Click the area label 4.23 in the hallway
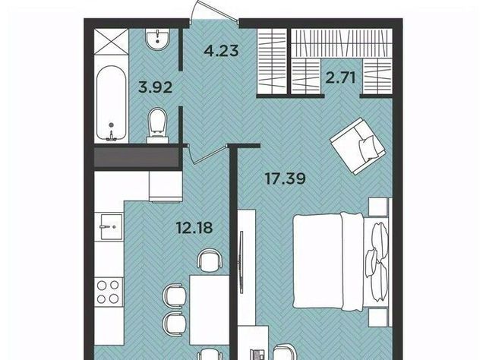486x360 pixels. tap(221, 51)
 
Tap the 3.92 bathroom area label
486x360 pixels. tap(155, 87)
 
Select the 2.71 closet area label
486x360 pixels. tap(340, 77)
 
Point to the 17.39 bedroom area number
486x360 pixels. tap(286, 178)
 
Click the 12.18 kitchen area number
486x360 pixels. tap(194, 228)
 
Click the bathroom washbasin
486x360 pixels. tap(157, 39)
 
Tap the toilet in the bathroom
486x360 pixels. tap(158, 125)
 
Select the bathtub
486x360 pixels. tap(111, 103)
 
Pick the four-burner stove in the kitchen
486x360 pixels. tap(108, 292)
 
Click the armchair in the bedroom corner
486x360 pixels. tap(358, 146)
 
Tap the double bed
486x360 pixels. tap(340, 261)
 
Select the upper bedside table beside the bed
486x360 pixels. tap(378, 207)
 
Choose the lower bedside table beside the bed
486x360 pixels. tap(378, 317)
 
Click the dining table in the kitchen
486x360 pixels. tap(210, 310)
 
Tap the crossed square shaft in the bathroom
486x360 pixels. tap(111, 42)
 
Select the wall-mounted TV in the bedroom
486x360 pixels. tap(241, 262)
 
